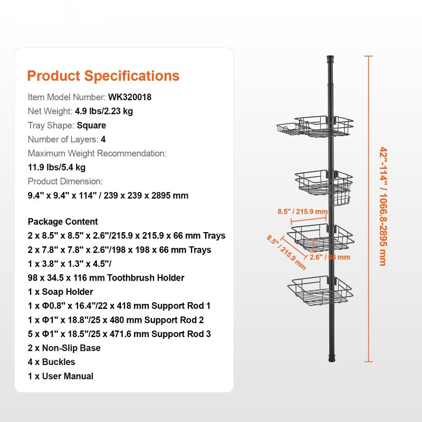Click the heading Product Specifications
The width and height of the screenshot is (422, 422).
point(103,76)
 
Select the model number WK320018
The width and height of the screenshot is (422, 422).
point(130,97)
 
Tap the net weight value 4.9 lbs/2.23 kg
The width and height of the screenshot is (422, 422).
point(104,111)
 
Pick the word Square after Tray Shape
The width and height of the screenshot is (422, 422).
point(91,126)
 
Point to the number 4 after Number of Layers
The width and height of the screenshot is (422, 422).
point(103,139)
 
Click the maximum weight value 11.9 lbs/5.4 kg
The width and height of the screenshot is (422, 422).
point(56,167)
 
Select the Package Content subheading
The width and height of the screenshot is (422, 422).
point(63,222)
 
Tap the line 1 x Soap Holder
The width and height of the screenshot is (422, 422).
point(60,292)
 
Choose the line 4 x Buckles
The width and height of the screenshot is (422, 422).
point(51,362)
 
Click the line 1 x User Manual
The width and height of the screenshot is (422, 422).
point(61,376)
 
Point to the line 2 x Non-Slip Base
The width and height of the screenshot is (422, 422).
point(64,348)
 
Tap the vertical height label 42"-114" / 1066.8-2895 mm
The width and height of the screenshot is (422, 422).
point(383,206)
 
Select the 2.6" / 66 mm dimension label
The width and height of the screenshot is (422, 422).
point(330,257)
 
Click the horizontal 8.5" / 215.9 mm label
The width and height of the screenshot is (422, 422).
point(302,212)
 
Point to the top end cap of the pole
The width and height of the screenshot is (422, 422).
point(330,59)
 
